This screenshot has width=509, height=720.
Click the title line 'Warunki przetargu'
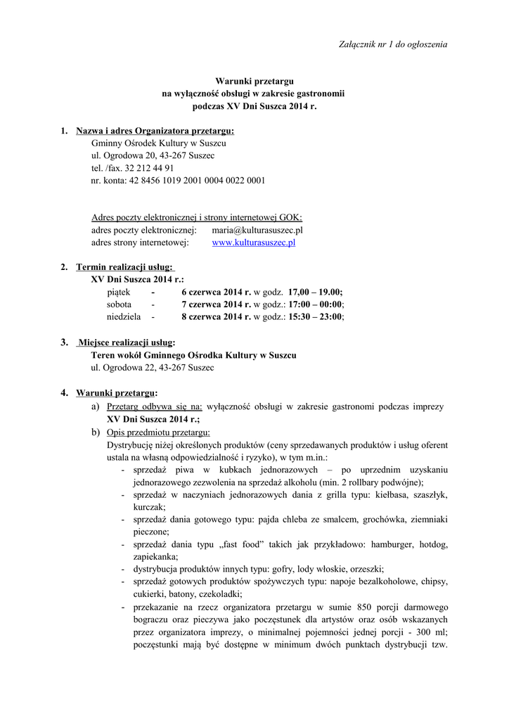254,82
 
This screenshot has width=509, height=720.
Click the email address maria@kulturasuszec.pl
257,230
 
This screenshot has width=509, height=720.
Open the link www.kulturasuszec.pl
253,243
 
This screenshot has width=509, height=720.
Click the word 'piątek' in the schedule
119,292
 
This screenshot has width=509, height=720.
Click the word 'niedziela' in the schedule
124,317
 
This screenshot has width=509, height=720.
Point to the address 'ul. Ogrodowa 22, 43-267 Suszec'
153,368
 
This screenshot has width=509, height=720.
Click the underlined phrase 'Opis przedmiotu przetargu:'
158,432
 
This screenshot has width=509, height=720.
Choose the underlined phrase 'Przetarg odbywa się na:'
155,406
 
